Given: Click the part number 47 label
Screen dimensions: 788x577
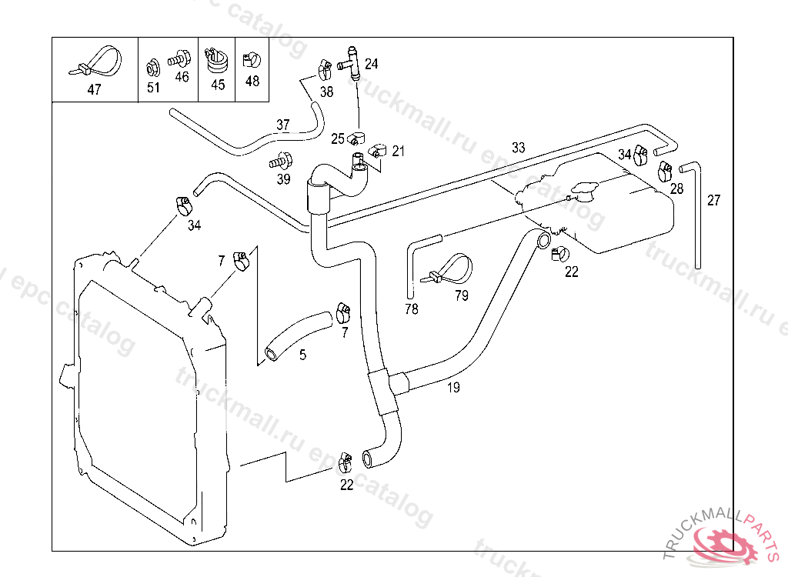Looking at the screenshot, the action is [94, 89].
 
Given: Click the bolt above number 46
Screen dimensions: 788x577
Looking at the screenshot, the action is [179, 58].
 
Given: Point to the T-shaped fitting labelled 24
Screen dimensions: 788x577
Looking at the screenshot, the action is [351, 63].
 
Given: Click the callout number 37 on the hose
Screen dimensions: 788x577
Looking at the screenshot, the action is [283, 124].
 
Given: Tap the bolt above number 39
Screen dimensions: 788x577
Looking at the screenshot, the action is [281, 161].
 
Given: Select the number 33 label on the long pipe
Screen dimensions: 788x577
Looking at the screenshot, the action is [518, 147].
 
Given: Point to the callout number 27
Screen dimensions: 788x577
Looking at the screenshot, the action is [713, 200].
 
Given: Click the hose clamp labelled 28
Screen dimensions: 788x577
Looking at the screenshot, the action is [666, 172].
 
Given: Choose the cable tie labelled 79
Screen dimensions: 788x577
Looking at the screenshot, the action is [451, 269].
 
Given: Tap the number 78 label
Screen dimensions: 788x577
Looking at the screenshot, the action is [412, 309].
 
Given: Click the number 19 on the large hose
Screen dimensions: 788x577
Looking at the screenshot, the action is [453, 388].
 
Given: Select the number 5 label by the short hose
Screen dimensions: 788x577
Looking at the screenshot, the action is [302, 355].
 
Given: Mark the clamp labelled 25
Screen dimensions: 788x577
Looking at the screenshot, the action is [356, 137].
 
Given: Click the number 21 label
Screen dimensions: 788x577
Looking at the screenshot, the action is [398, 151].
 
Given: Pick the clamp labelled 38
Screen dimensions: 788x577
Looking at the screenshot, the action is [324, 69].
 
